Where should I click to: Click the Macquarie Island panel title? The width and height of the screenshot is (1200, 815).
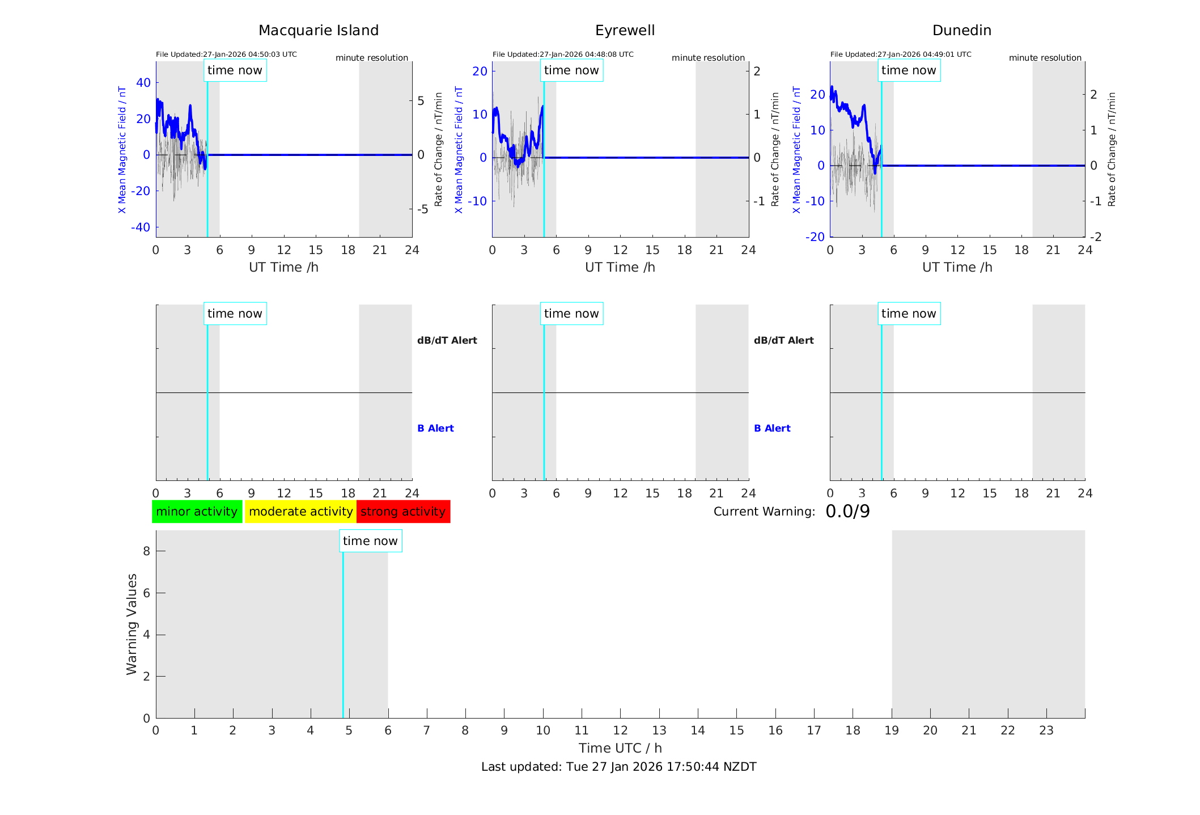tap(319, 31)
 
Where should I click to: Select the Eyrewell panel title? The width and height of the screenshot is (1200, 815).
tap(625, 31)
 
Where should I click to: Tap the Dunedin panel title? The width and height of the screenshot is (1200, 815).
tap(961, 31)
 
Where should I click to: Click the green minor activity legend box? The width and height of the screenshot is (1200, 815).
tap(197, 512)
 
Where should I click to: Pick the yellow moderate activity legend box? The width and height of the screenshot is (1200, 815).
tap(300, 512)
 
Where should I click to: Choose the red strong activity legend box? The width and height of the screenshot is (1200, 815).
tap(403, 512)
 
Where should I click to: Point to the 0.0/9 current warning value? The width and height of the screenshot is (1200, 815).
tap(847, 512)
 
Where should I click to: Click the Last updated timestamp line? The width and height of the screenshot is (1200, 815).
tap(618, 767)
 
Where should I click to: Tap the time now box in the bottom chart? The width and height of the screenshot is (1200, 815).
tap(370, 541)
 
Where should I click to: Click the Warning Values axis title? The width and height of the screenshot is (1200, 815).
tap(132, 624)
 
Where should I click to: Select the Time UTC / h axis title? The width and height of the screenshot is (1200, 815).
tap(620, 748)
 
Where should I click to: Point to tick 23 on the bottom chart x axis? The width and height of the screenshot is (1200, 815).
tap(1046, 730)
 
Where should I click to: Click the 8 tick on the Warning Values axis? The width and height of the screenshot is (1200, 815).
tap(146, 551)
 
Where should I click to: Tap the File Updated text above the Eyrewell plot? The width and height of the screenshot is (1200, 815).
tap(563, 54)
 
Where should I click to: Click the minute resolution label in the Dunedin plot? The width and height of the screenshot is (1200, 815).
tap(1045, 58)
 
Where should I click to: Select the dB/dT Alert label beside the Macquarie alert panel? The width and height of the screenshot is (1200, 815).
tap(447, 340)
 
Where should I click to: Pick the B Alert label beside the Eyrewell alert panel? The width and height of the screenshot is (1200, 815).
tap(772, 428)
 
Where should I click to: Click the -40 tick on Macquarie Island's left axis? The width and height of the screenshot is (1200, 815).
tap(141, 227)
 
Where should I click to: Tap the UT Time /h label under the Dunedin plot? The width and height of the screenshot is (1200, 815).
tap(957, 267)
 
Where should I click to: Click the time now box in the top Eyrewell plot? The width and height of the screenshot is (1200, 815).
tap(571, 70)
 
